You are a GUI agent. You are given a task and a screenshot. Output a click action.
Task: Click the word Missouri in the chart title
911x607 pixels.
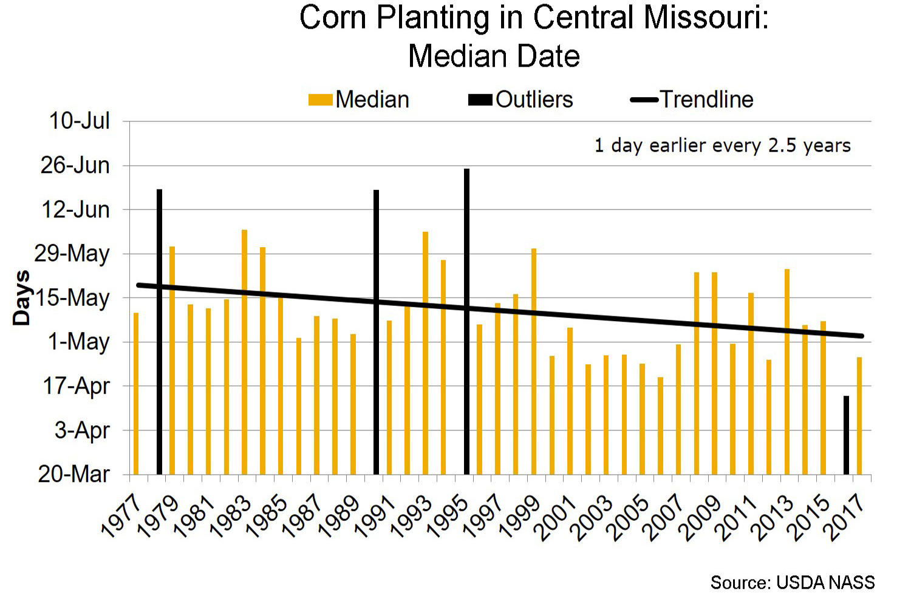click(x=706, y=18)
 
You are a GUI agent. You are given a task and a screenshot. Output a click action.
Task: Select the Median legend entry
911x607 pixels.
click(x=359, y=100)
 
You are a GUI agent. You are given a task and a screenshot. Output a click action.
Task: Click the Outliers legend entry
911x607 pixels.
click(x=520, y=100)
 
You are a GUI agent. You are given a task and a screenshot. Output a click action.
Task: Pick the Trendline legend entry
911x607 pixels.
click(x=692, y=100)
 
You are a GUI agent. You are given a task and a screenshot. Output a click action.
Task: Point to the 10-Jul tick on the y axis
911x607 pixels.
click(x=80, y=121)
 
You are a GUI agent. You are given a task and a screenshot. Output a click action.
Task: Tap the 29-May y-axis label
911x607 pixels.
click(x=72, y=253)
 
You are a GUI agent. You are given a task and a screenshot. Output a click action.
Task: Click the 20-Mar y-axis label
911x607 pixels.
click(x=74, y=473)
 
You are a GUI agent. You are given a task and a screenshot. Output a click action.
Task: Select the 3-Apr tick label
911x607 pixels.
click(x=82, y=430)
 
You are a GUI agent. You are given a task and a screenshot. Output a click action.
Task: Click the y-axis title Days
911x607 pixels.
click(x=22, y=298)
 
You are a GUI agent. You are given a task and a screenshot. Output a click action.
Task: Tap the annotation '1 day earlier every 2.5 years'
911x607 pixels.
click(x=722, y=146)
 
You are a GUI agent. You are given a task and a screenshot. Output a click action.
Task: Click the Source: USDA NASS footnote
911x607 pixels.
click(x=793, y=583)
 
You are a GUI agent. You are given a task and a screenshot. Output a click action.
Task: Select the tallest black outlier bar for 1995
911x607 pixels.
click(x=466, y=322)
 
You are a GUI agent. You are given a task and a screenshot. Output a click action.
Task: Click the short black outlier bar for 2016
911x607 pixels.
click(x=846, y=435)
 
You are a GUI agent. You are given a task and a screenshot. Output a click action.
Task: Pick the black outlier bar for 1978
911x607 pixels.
click(x=159, y=331)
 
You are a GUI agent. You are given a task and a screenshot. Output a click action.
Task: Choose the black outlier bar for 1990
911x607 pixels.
click(x=376, y=331)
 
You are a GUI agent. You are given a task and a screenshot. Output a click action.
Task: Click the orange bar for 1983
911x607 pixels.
click(x=244, y=352)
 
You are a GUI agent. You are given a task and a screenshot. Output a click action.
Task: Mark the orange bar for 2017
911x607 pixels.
click(x=859, y=416)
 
